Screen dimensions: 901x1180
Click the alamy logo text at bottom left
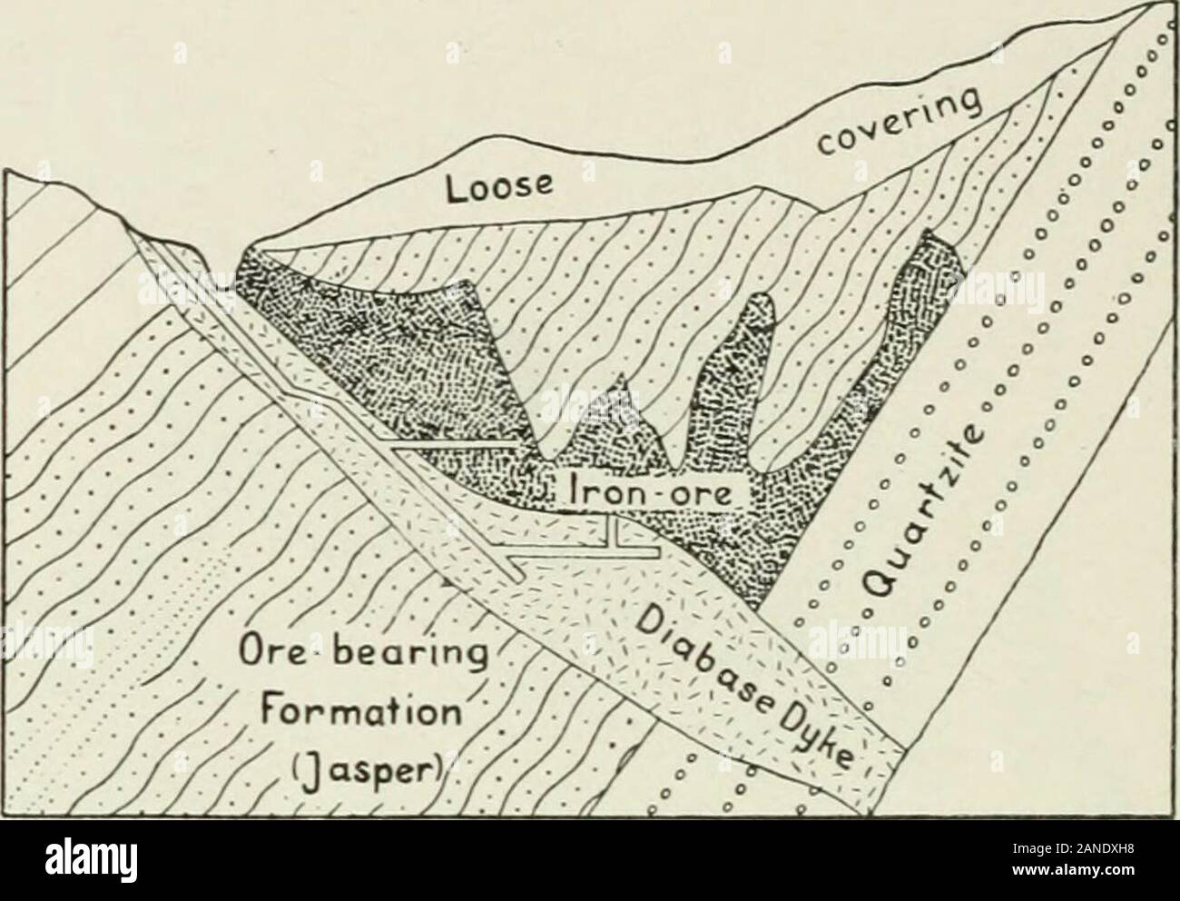pyautogui.click(x=91, y=858)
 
